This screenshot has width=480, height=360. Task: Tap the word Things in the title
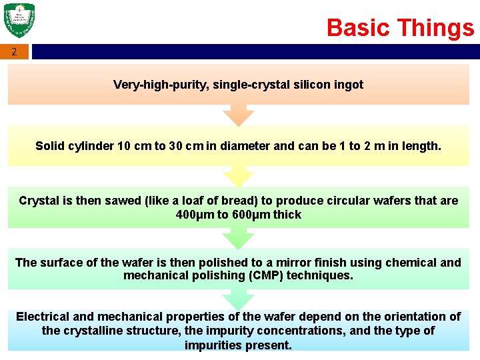tap(437, 28)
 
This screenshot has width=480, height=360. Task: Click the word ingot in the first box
tap(349, 85)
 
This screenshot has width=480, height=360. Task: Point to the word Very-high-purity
tap(153, 85)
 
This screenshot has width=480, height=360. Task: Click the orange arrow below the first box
tap(239, 116)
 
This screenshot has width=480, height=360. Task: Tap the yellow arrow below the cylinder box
tap(239, 177)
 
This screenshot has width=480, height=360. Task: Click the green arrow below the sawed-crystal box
tap(239, 238)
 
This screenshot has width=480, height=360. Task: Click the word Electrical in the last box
tap(41, 317)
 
